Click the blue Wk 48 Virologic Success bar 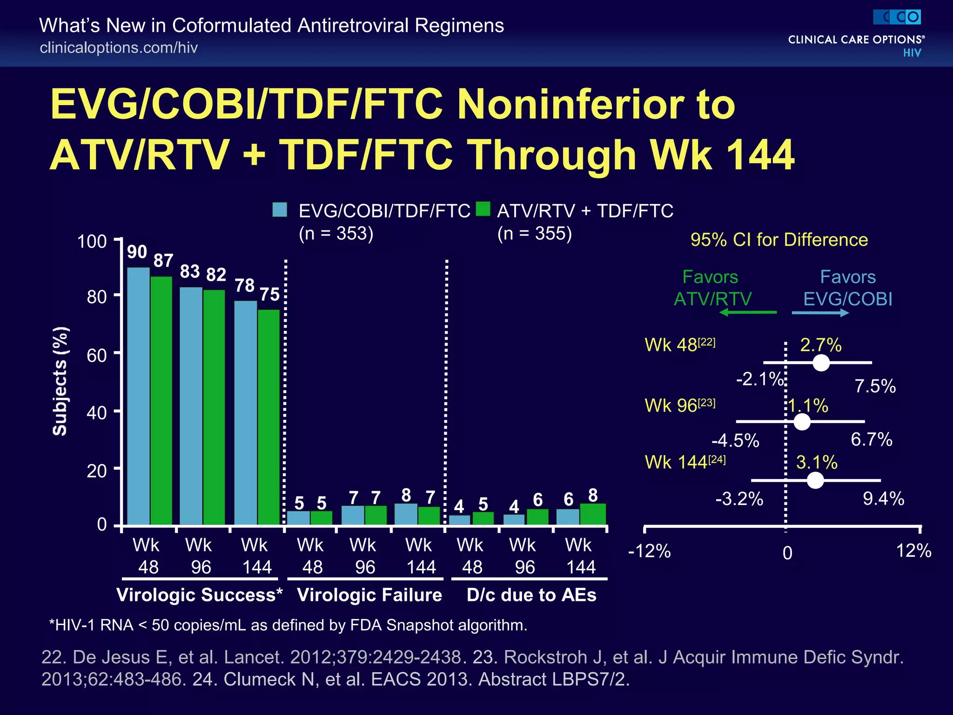tap(138, 396)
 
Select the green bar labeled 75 tap(268, 417)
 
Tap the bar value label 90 tap(137, 252)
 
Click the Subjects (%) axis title tap(60, 382)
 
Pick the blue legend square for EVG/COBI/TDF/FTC tap(280, 210)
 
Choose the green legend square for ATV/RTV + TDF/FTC tap(483, 209)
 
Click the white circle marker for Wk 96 tap(802, 422)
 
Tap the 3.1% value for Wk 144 tap(817, 463)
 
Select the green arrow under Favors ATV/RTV tap(748, 312)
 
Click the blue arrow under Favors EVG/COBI tap(820, 313)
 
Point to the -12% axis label tap(649, 552)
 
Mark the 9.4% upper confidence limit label tap(883, 499)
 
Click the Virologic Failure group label tap(369, 595)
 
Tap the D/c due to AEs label tap(531, 595)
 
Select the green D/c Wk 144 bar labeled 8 tap(593, 514)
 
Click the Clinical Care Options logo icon tap(897, 17)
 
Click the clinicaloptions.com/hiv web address tap(119, 47)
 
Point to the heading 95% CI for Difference tap(779, 240)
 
